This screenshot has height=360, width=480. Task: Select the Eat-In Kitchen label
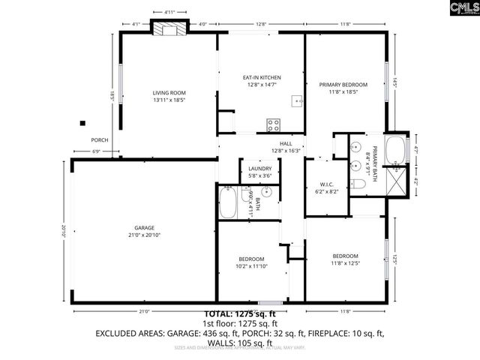pyautogui.click(x=261, y=78)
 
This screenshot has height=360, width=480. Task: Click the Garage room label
pyautogui.click(x=145, y=229)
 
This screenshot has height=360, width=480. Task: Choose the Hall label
pyautogui.click(x=285, y=143)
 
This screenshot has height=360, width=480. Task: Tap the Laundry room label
pyautogui.click(x=259, y=169)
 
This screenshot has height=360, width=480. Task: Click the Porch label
pyautogui.click(x=100, y=140)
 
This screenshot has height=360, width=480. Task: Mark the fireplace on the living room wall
pyautogui.click(x=169, y=29)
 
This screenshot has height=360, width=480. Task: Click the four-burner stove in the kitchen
pyautogui.click(x=274, y=125)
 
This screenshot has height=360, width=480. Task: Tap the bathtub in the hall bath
pyautogui.click(x=228, y=201)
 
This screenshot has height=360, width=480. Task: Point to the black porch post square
pyautogui.click(x=82, y=124)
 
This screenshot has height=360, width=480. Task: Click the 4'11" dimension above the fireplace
pyautogui.click(x=169, y=13)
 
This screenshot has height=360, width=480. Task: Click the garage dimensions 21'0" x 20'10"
pyautogui.click(x=145, y=235)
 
